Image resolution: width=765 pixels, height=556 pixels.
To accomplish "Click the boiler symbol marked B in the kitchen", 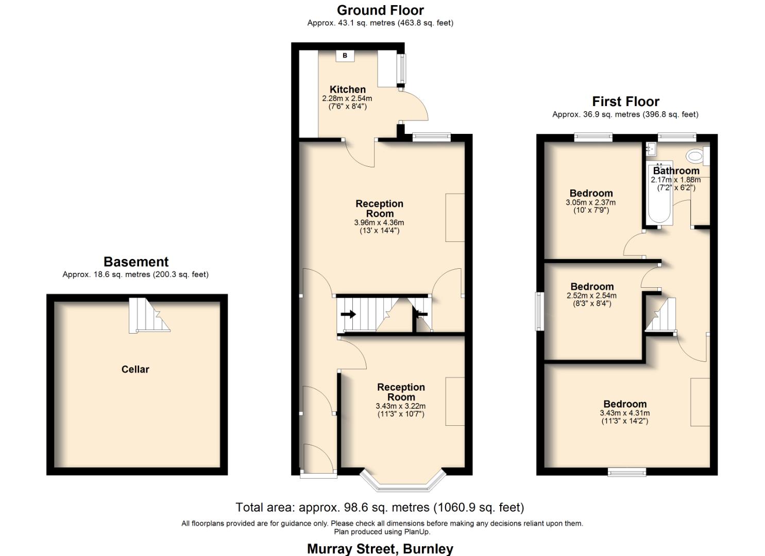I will coord(345,56).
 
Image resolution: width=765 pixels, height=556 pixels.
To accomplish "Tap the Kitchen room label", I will coord(348,90).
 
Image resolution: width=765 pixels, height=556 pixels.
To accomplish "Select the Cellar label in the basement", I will coord(135,369).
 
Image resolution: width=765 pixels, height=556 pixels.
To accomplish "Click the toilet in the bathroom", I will coord(696,155).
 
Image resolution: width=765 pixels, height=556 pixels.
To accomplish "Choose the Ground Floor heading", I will coord(380,10).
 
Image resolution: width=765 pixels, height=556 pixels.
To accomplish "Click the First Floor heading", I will coord(625,101).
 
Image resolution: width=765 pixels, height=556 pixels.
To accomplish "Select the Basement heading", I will coord(136,262).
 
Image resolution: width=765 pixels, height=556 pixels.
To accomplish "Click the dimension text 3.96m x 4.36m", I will coord(379,222).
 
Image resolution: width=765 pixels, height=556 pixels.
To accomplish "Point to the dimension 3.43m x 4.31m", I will coord(624,413).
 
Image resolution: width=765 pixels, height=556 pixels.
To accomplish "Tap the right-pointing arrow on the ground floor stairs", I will coord(348,314).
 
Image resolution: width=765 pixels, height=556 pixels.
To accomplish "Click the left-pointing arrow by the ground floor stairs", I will coord(421,314).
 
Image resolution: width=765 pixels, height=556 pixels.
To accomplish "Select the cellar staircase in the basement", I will coord(148,316).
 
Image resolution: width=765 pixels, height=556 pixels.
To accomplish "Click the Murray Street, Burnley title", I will coord(380,549).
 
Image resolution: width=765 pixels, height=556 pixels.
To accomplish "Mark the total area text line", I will coord(380,508).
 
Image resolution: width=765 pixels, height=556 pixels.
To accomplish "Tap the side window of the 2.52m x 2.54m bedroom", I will coord(539,311).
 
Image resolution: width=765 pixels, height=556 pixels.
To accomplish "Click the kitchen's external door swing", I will coord(414,106).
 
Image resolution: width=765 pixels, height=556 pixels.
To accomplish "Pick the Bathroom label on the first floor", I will coord(676,171).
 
